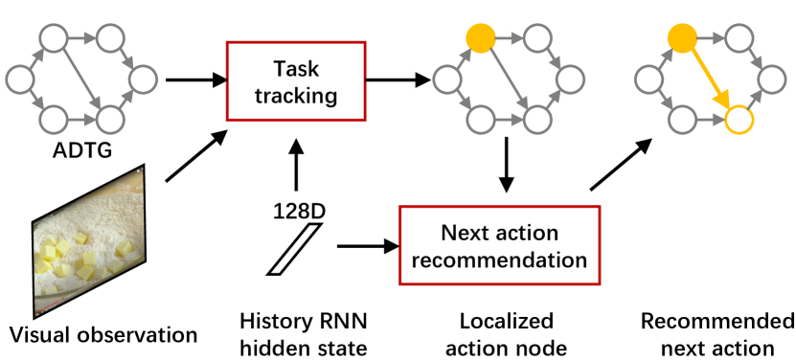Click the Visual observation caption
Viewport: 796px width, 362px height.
(103, 334)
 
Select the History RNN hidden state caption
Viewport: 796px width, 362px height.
(304, 331)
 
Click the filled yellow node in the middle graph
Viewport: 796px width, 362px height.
(479, 39)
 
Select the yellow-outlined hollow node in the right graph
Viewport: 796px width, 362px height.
(739, 120)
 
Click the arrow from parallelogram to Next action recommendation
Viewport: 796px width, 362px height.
(367, 246)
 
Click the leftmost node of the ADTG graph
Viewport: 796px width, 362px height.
(18, 79)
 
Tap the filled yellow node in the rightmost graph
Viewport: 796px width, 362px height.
(681, 39)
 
